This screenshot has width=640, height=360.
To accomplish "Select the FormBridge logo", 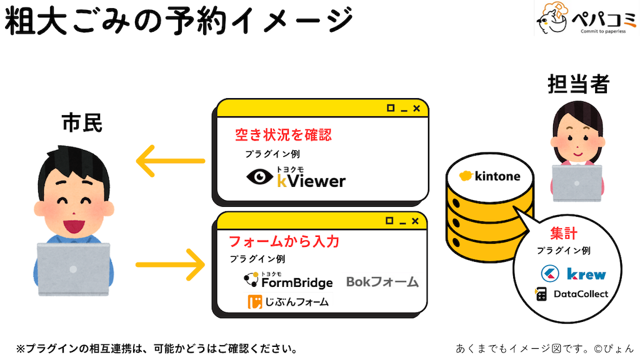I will pyautogui.click(x=288, y=281).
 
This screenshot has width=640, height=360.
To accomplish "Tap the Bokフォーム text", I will pyautogui.click(x=382, y=282).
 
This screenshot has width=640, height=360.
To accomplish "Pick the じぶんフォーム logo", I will pyautogui.click(x=288, y=302).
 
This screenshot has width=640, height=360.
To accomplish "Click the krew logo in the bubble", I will pyautogui.click(x=573, y=274).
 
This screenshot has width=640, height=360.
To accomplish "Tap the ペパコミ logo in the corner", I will pyautogui.click(x=586, y=19).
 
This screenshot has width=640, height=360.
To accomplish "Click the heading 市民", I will pyautogui.click(x=81, y=124).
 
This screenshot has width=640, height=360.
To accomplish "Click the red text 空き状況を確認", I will pyautogui.click(x=282, y=134).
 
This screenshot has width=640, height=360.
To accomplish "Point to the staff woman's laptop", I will pyautogui.click(x=576, y=183).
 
